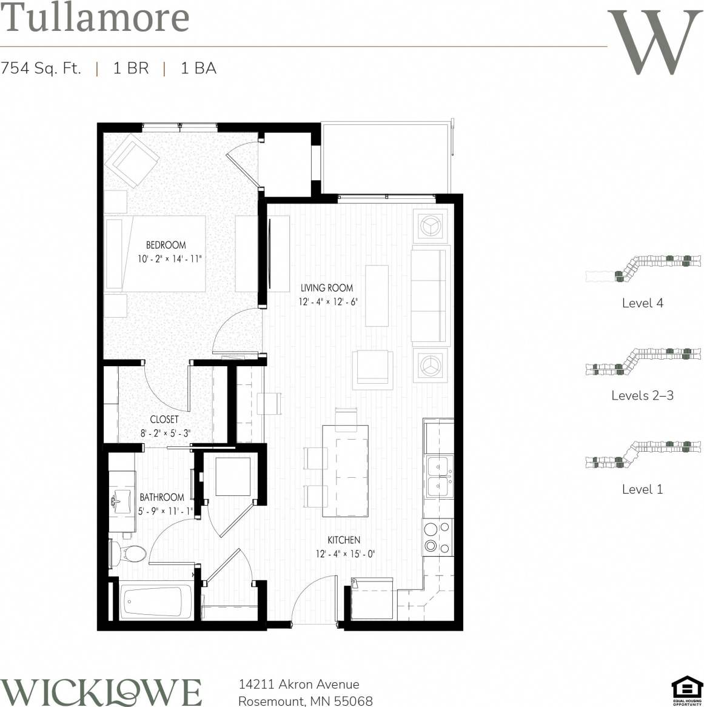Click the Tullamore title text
(95, 18)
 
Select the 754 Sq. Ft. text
(41, 68)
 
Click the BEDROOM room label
(166, 245)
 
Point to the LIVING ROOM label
(327, 287)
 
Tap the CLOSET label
(164, 419)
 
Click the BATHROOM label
(162, 497)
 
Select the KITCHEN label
(344, 540)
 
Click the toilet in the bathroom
(129, 553)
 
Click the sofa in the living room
(431, 295)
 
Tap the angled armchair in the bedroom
(131, 161)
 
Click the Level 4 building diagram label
(642, 303)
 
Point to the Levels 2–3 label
(642, 395)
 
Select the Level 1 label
(642, 489)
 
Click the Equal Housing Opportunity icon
(686, 691)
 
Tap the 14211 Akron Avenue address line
(299, 685)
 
